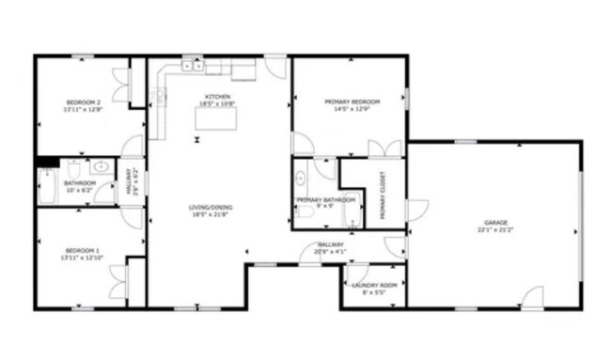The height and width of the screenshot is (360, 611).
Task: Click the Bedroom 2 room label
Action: click(83, 102)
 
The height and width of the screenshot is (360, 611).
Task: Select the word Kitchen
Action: click(217, 96)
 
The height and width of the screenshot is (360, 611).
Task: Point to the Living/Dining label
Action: click(210, 208)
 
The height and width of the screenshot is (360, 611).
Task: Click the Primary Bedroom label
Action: click(352, 102)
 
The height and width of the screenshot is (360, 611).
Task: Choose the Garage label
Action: click(494, 223)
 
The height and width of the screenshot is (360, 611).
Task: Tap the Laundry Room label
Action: click(373, 285)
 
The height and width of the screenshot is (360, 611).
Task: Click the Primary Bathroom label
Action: click(325, 199)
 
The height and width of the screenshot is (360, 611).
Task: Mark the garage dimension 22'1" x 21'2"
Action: click(494, 230)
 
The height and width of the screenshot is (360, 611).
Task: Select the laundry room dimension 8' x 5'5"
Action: click(373, 292)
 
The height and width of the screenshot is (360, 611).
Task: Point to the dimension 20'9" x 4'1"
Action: click(331, 251)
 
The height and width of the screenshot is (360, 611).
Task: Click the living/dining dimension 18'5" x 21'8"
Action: click(210, 215)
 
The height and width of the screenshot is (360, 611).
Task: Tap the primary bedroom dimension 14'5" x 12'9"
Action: click(352, 109)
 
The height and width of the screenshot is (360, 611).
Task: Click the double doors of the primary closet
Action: click(384, 149)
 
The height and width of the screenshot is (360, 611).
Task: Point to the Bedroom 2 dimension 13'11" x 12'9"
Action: click(83, 109)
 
